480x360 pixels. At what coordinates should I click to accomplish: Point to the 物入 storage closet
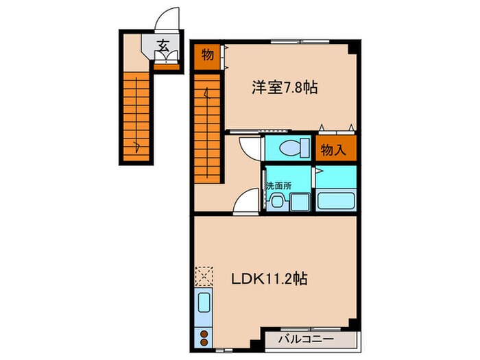pyautogui.click(x=335, y=149)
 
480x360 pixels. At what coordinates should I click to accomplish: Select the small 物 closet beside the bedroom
pyautogui.click(x=207, y=55)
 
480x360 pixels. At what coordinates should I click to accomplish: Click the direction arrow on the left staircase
pyautogui.click(x=139, y=144)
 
